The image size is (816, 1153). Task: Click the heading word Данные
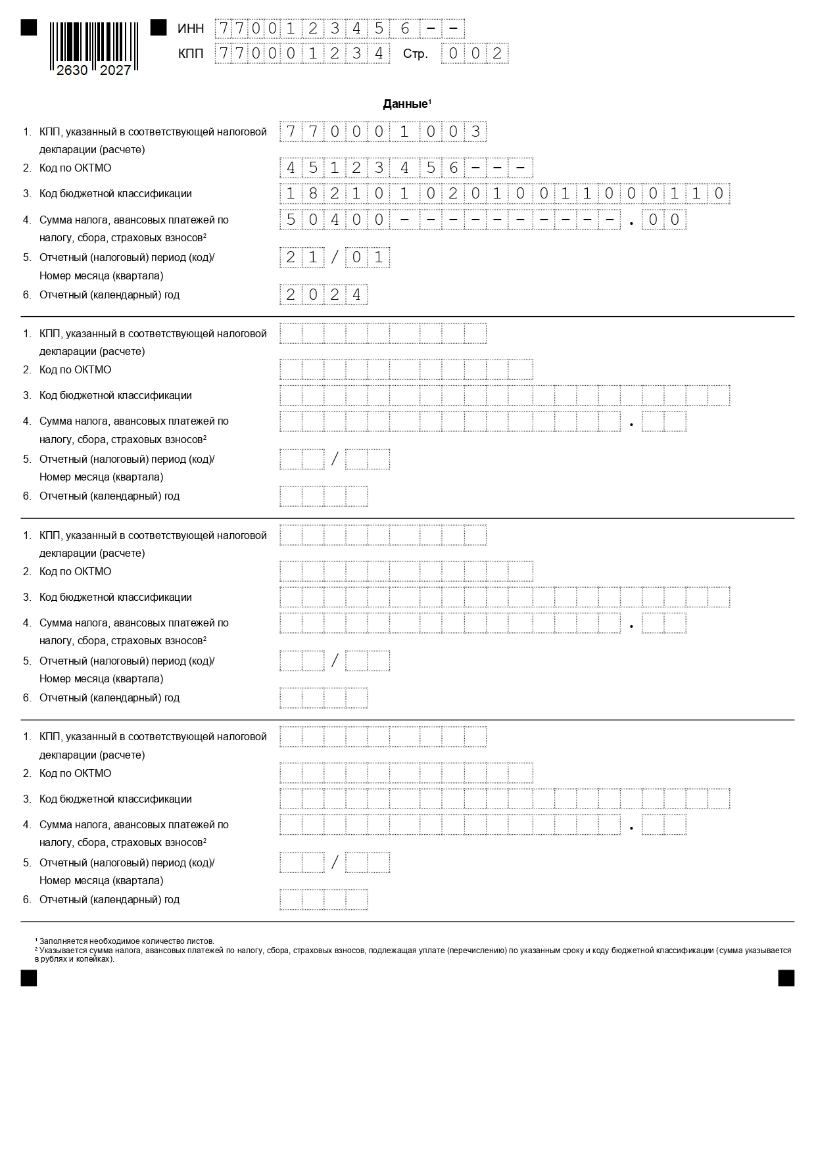(x=405, y=104)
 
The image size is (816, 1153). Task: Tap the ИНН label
(x=191, y=28)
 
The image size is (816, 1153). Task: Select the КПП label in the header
(x=191, y=53)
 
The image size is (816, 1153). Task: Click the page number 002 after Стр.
(x=475, y=53)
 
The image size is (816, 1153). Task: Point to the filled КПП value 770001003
(x=383, y=131)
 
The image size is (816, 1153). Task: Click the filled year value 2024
(x=324, y=294)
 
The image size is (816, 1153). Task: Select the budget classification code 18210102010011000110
(x=504, y=193)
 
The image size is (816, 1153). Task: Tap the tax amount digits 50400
(x=335, y=220)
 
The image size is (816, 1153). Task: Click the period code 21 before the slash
(x=302, y=257)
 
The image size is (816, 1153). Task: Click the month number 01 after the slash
(x=368, y=257)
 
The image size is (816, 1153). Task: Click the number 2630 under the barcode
(x=72, y=70)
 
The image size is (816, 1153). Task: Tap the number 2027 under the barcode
(x=116, y=70)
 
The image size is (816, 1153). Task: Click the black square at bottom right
(x=786, y=978)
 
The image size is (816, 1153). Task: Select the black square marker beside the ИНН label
(x=158, y=28)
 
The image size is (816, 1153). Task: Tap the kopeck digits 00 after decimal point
(x=663, y=220)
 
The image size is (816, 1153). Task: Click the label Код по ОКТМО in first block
(x=75, y=168)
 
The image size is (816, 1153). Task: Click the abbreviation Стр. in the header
(x=416, y=54)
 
